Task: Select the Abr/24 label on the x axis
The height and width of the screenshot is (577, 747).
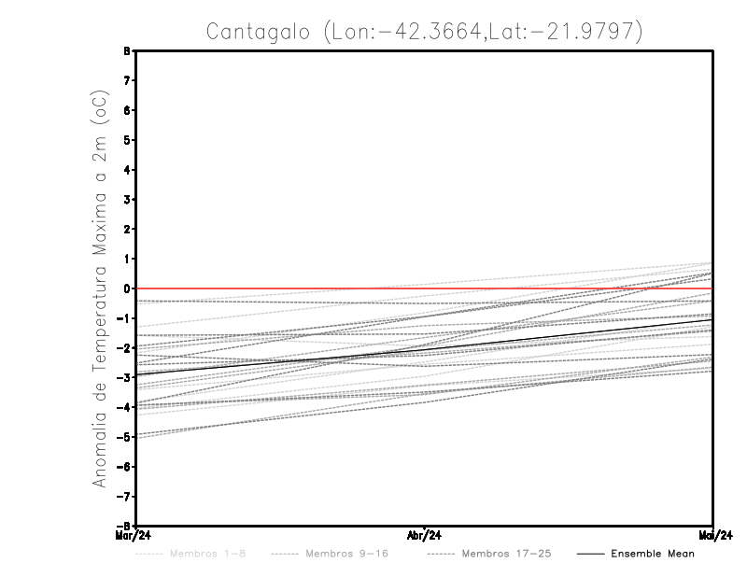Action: (x=425, y=536)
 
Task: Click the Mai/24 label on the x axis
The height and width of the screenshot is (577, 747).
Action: (x=713, y=536)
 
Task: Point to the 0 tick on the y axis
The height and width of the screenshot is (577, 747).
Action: (x=126, y=288)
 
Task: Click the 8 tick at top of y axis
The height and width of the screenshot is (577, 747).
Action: (x=126, y=50)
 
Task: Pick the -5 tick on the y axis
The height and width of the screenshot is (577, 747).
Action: (x=124, y=437)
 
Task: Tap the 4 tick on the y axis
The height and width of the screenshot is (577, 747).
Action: (x=126, y=170)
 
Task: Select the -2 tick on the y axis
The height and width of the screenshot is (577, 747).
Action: (x=124, y=348)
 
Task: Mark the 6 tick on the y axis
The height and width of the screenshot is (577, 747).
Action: (x=126, y=110)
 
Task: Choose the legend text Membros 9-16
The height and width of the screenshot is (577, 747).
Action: (x=346, y=554)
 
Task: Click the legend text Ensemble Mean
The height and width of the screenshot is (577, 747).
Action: (x=653, y=554)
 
